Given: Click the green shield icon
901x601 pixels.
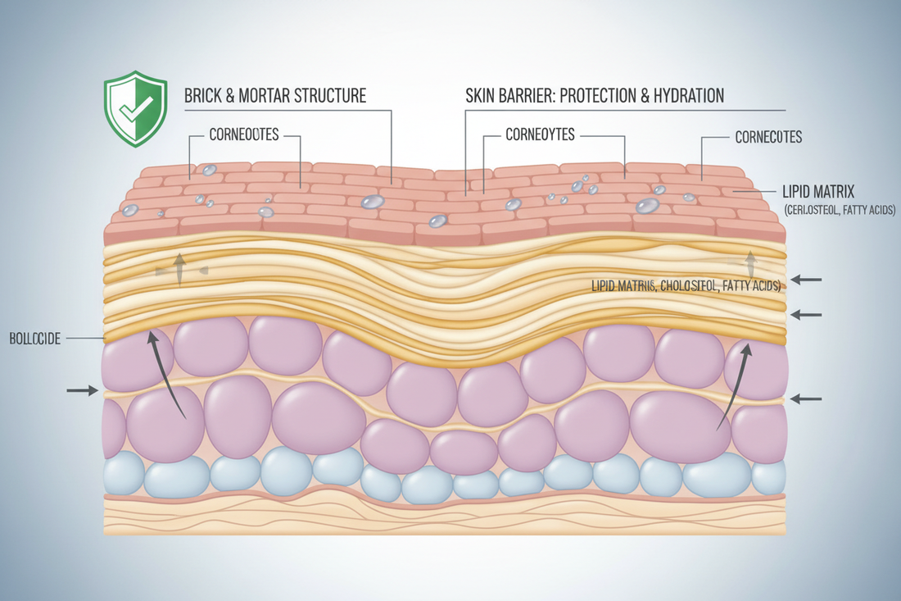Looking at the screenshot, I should (135, 112).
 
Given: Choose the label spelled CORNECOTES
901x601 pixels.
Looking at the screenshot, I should (767, 137).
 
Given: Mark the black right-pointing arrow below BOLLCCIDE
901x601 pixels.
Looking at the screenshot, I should (82, 391).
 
